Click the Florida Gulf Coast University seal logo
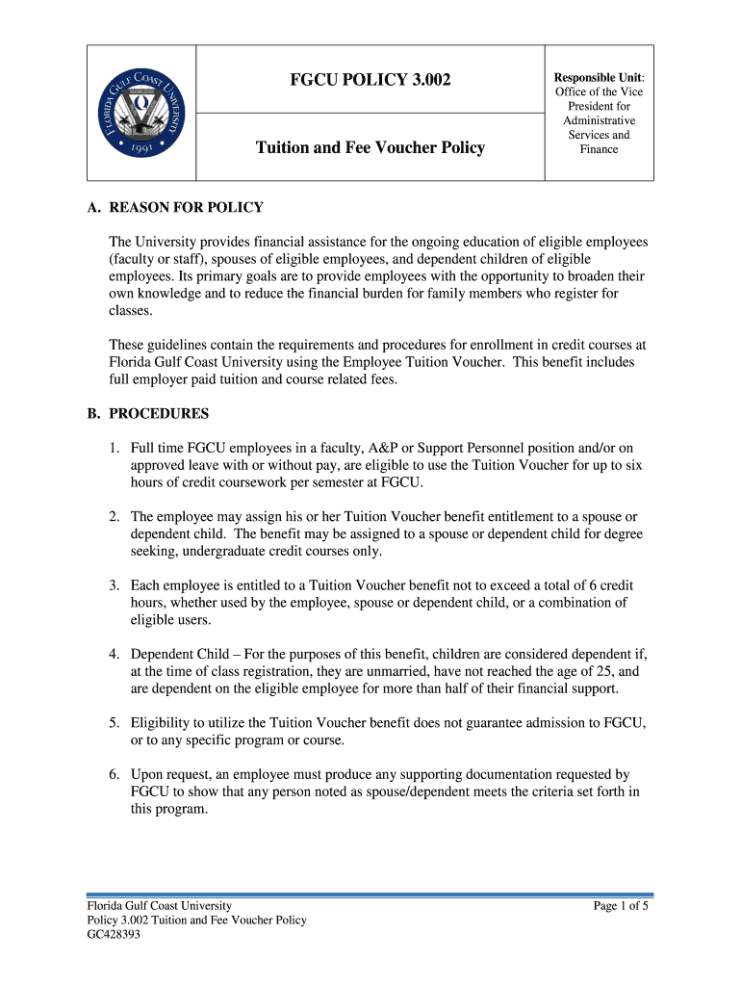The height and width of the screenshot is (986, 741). (x=142, y=112)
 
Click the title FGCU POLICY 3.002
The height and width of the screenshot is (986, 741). (x=370, y=79)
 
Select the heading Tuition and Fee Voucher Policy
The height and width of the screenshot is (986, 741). (x=370, y=148)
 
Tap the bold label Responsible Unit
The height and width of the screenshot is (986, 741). (x=599, y=77)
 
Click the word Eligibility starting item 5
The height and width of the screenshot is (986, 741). (x=164, y=722)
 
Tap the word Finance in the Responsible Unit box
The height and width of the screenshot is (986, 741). (x=599, y=149)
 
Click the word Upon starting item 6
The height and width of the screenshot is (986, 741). (x=148, y=774)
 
